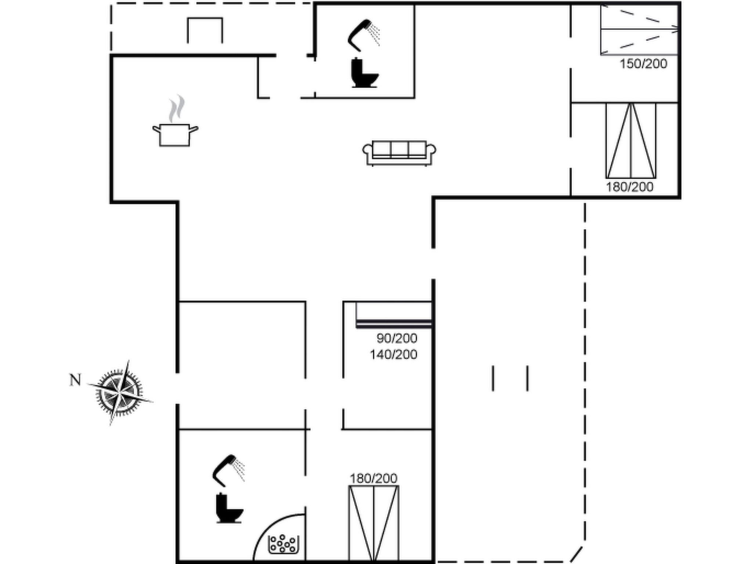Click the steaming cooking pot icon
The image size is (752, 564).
click(175, 121)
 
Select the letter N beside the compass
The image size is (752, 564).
click(75, 380)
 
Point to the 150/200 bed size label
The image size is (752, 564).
click(643, 64)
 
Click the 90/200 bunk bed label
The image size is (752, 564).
click(397, 338)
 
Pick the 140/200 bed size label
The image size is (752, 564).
click(393, 354)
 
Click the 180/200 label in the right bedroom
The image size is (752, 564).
click(629, 187)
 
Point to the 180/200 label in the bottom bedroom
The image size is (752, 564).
click(373, 478)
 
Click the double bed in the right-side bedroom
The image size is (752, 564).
click(631, 141)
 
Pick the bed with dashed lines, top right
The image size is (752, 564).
click(639, 29)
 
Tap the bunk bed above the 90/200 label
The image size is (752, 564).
click(394, 314)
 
